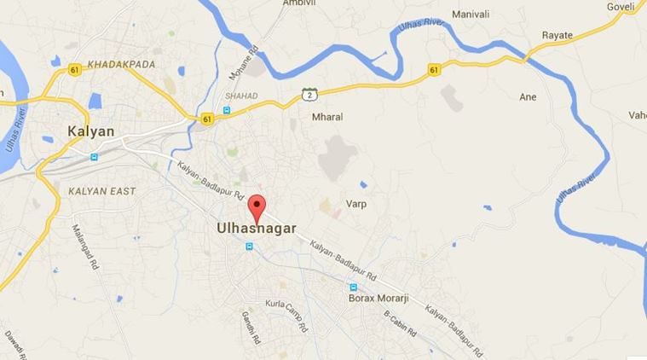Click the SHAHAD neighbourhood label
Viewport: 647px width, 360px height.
tap(240, 96)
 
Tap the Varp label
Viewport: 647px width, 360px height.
tap(355, 204)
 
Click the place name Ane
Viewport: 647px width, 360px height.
tap(529, 97)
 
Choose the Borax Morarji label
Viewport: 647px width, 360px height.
tap(381, 299)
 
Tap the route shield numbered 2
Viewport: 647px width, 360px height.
tap(307, 95)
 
